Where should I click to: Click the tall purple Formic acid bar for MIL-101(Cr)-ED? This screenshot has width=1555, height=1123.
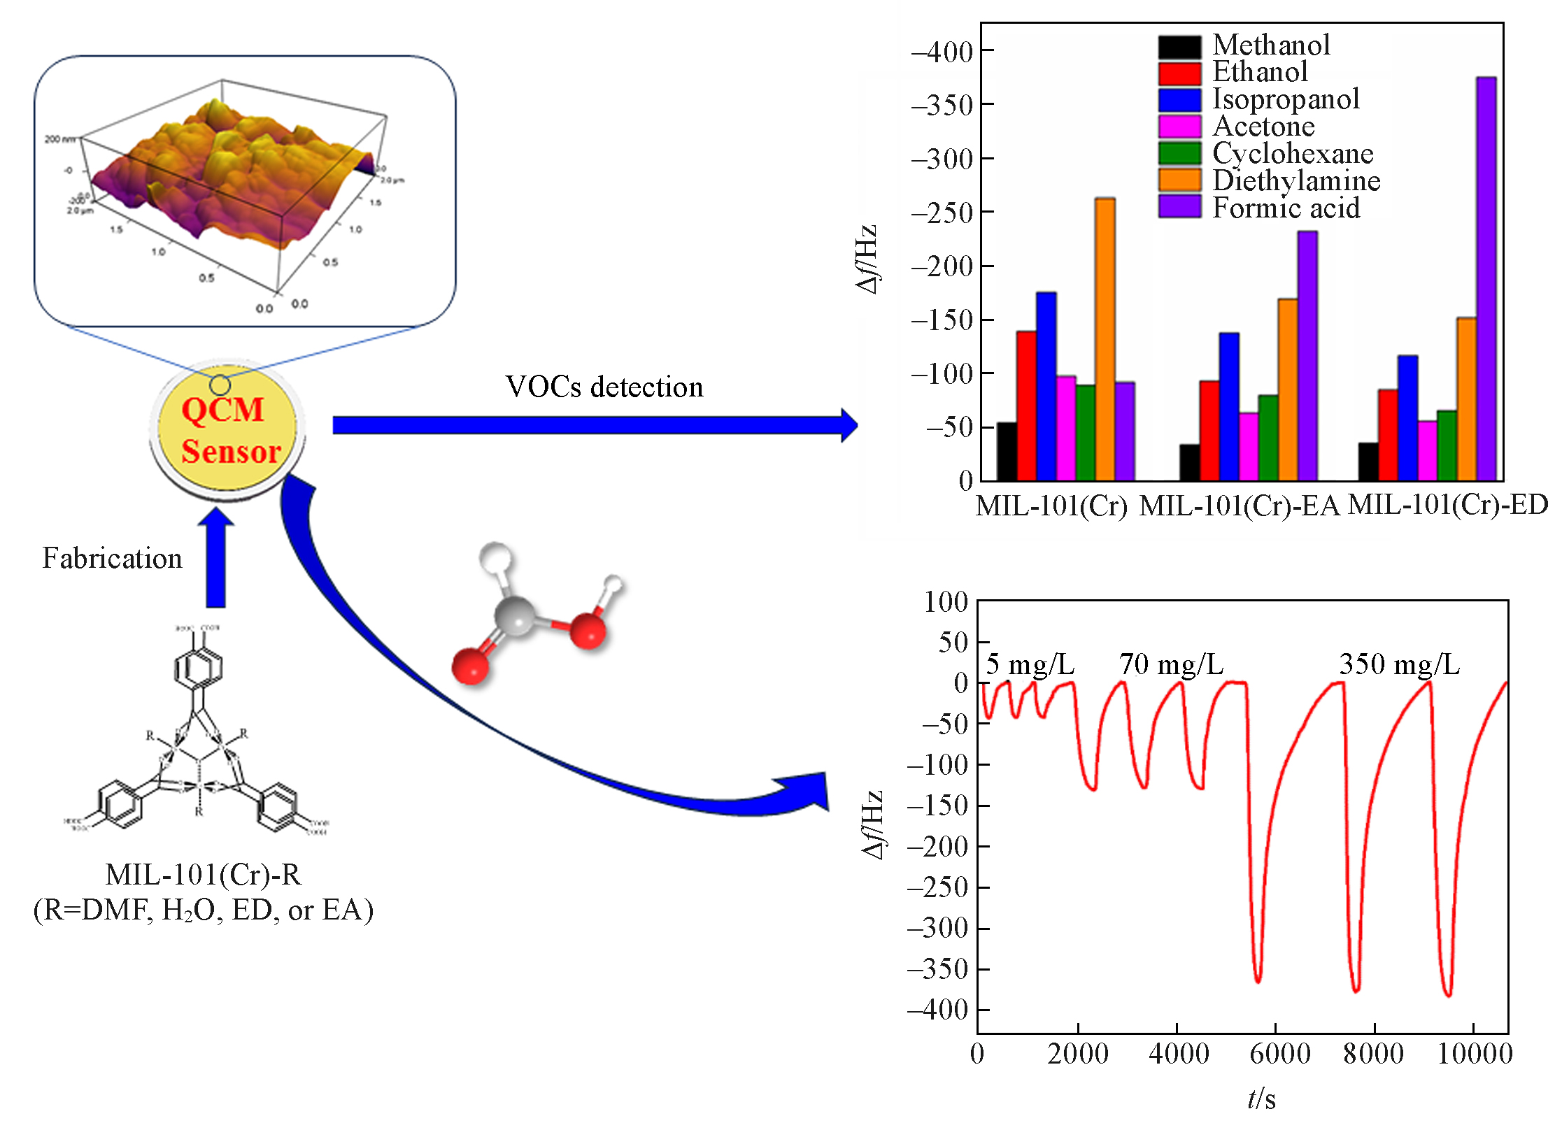pyautogui.click(x=1486, y=280)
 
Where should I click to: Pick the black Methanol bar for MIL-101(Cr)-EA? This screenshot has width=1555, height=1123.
pyautogui.click(x=1189, y=462)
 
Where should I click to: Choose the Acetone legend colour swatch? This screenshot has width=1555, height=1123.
pyautogui.click(x=1179, y=127)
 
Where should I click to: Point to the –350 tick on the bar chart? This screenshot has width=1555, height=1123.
pyautogui.click(x=942, y=106)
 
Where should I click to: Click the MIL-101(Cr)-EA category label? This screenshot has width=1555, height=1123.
pyautogui.click(x=1239, y=506)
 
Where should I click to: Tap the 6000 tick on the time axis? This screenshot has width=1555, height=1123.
pyautogui.click(x=1279, y=1054)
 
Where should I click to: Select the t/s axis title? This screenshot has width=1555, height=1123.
pyautogui.click(x=1261, y=1099)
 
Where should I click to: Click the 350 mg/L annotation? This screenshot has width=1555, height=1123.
pyautogui.click(x=1399, y=664)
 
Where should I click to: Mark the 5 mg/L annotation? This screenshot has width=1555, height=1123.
pyautogui.click(x=1030, y=664)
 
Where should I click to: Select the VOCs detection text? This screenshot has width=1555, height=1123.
pyautogui.click(x=604, y=387)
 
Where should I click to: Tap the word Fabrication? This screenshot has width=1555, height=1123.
pyautogui.click(x=112, y=558)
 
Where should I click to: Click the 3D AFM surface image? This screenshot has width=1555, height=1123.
pyautogui.click(x=231, y=189)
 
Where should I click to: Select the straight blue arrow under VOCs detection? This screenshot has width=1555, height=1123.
pyautogui.click(x=595, y=425)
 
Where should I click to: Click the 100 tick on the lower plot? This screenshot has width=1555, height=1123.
pyautogui.click(x=945, y=602)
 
